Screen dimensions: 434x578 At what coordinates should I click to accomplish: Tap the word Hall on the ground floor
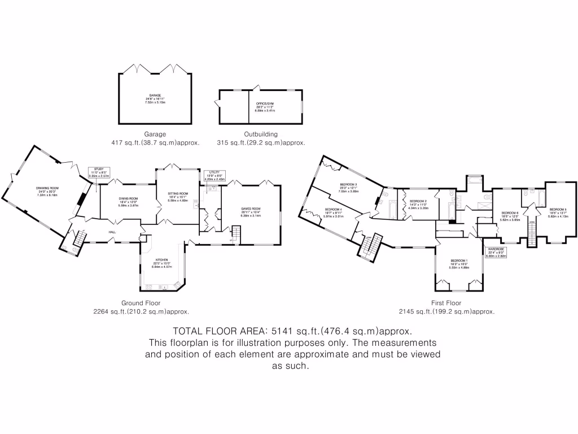tap(113, 232)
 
